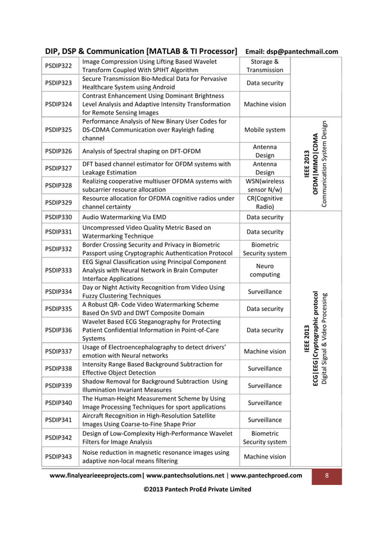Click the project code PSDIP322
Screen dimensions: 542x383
[x=58, y=65]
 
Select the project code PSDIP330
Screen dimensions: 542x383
[x=58, y=217]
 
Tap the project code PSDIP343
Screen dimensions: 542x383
[x=58, y=457]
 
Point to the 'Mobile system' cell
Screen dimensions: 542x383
[x=265, y=130]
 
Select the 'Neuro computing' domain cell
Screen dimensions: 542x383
[x=265, y=270]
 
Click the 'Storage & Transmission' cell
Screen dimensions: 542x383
[x=265, y=65]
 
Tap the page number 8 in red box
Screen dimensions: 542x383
[x=327, y=475]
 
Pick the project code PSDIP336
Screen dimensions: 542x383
[x=58, y=330]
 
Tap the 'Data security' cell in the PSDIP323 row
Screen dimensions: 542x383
[x=265, y=83]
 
